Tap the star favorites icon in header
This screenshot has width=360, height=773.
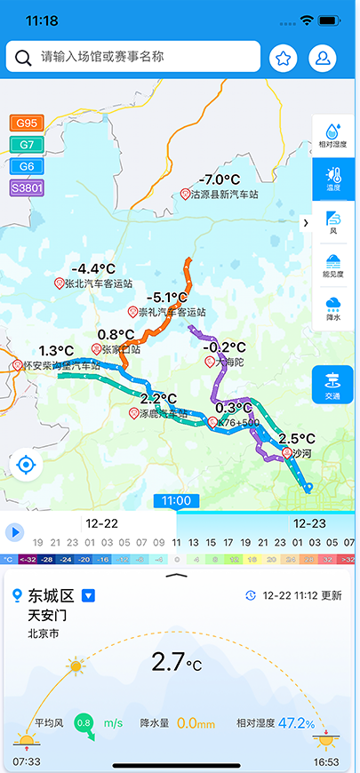click(x=284, y=59)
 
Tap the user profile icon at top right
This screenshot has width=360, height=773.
click(x=323, y=59)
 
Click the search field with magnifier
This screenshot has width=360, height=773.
click(x=133, y=57)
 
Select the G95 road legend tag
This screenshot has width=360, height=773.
click(x=27, y=124)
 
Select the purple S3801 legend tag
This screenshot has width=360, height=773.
click(x=27, y=187)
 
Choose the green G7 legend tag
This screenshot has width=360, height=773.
click(x=27, y=145)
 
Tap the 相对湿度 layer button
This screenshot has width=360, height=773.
click(x=332, y=136)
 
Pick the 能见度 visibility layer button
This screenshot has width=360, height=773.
click(x=332, y=266)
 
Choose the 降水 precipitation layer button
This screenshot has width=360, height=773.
click(x=332, y=309)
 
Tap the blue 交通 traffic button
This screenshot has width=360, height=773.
click(x=332, y=385)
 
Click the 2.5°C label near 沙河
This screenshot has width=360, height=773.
click(x=296, y=439)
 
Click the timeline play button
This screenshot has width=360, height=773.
click(x=14, y=532)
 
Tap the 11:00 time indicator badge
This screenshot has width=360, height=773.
click(x=176, y=501)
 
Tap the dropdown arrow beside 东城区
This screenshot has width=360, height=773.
click(x=89, y=595)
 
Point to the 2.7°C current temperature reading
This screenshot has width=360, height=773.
click(x=176, y=662)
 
